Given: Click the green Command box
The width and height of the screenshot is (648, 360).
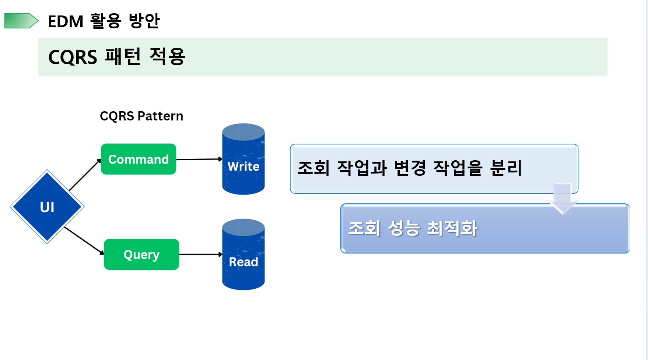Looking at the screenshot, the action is [139, 159].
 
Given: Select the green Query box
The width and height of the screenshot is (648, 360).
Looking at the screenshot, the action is [141, 255].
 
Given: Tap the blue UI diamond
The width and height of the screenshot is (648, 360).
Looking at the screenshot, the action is [47, 207].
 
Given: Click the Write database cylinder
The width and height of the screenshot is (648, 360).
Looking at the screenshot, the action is [244, 159].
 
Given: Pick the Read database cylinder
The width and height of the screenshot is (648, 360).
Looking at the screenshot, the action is [244, 255].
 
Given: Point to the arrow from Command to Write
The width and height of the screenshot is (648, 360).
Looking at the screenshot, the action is [199, 159].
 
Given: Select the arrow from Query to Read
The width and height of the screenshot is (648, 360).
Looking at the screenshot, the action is [200, 254].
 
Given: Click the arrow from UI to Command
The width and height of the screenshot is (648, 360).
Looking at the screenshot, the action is [85, 175].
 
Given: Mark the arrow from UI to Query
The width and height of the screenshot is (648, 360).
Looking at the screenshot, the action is [84, 241].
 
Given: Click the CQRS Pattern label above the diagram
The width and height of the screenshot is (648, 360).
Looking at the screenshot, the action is [141, 116].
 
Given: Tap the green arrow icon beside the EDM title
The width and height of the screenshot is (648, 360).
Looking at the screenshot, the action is [21, 21].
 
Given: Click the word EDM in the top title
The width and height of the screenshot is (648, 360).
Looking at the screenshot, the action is [66, 21].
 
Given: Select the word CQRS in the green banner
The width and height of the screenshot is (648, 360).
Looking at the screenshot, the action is [73, 57].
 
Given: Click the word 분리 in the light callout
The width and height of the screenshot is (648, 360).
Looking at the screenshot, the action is [506, 168].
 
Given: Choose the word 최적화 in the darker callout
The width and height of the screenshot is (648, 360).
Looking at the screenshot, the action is [452, 228].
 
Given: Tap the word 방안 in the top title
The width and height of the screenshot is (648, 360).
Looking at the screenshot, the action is [144, 21].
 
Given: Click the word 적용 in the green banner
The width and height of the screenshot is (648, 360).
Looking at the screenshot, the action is [168, 57].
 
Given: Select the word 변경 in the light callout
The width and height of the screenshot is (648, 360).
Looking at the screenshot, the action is [410, 168].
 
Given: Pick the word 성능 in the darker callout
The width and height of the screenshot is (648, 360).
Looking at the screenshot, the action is [404, 228].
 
